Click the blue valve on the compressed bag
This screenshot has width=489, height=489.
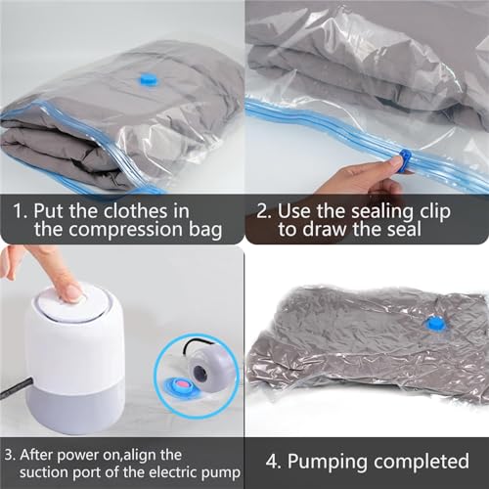434,323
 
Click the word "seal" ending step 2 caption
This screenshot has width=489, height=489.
404,231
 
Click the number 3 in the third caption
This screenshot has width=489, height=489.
8,453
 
